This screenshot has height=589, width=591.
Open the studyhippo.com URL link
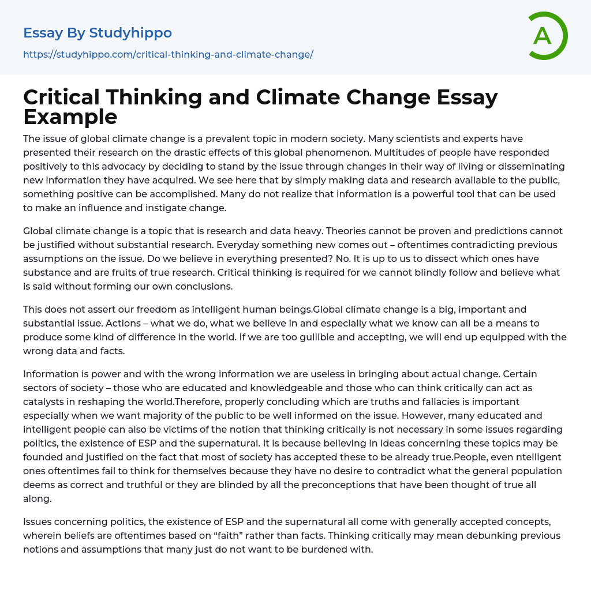[168, 54]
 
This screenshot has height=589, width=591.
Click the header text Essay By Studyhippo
[98, 33]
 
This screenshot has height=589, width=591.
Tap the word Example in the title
[70, 117]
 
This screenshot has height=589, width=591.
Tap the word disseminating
[523, 166]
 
